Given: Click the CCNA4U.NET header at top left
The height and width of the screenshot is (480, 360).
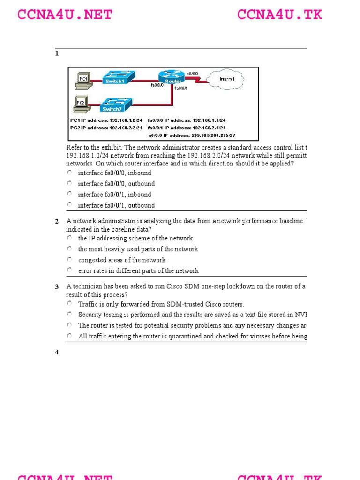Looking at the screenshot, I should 65,15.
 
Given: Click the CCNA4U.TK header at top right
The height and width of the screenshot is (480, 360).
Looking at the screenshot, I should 280,15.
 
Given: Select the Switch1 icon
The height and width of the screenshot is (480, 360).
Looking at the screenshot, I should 118,77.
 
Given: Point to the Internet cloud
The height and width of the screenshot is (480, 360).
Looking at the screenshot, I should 227,79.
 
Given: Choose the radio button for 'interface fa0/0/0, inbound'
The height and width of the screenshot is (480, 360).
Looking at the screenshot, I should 69,172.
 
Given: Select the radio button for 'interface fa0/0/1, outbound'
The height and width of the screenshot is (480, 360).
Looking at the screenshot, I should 69,205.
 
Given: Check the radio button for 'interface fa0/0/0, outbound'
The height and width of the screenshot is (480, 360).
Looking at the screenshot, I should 69,183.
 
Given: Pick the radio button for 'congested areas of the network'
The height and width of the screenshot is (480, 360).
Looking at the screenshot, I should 69,260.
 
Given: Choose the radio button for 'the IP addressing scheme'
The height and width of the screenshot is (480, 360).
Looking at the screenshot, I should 69,238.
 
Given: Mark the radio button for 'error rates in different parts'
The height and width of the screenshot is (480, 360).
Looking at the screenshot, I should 69,270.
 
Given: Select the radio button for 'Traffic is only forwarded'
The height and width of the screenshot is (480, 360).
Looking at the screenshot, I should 69,304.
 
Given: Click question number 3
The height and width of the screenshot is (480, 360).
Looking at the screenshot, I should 57,286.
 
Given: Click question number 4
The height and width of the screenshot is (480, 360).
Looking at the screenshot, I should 57,352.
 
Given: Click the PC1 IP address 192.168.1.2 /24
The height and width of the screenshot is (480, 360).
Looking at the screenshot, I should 106,120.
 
